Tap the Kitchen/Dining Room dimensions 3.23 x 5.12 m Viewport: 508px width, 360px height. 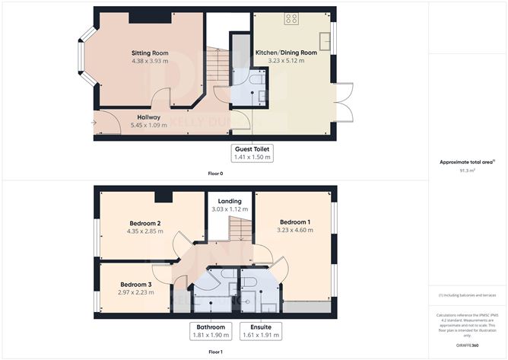point(292,61)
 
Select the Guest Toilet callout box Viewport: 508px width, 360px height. point(252,152)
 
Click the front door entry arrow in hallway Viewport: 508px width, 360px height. point(95,122)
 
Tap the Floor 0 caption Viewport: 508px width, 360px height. point(215,174)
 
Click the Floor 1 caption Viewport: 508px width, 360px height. point(215,352)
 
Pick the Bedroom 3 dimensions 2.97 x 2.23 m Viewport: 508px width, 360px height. point(135,292)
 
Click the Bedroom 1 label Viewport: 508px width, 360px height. point(292,221)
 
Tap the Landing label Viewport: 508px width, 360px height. point(230,201)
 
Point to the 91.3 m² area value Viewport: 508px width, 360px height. point(468,170)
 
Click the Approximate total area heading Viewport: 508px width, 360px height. point(466,161)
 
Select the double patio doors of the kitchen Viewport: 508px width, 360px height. point(343,100)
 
